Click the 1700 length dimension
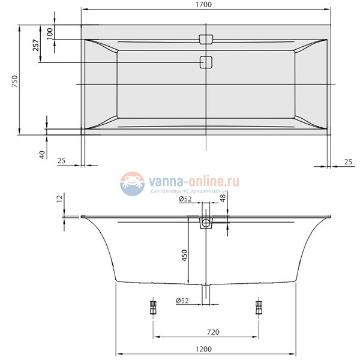(206, 5)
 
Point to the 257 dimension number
(35, 44)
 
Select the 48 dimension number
(223, 199)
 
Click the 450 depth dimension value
(185, 256)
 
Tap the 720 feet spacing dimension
(206, 331)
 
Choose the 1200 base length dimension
(206, 349)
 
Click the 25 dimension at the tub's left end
(61, 161)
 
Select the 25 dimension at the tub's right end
(348, 161)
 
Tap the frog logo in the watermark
(133, 183)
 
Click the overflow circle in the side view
(206, 224)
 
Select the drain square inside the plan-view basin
(206, 62)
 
